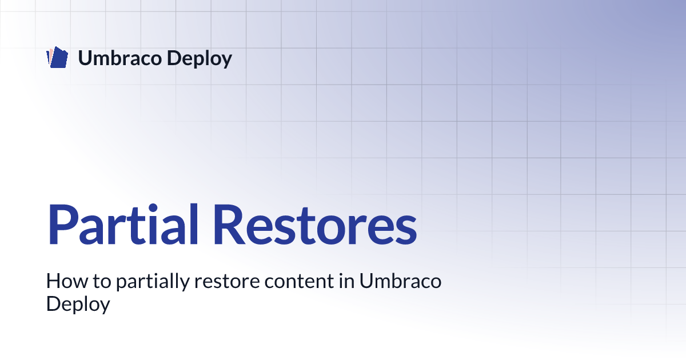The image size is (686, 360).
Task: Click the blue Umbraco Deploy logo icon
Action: pyautogui.click(x=57, y=57)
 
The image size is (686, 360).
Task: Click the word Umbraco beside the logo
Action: pyautogui.click(x=119, y=58)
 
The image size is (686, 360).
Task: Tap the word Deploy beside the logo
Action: pyautogui.click(x=200, y=58)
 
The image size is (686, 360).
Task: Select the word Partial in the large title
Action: pyautogui.click(x=122, y=225)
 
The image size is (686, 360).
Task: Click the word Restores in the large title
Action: pyautogui.click(x=315, y=225)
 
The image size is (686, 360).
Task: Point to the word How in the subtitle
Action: pyautogui.click(x=67, y=281)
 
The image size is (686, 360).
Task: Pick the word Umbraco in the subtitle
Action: pyautogui.click(x=400, y=281)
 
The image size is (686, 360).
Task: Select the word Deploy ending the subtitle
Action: pyautogui.click(x=78, y=304)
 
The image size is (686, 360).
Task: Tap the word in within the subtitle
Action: pyautogui.click(x=346, y=281)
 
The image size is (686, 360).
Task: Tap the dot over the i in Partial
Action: pyautogui.click(x=153, y=208)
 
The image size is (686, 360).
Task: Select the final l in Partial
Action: pyautogui.click(x=194, y=224)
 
